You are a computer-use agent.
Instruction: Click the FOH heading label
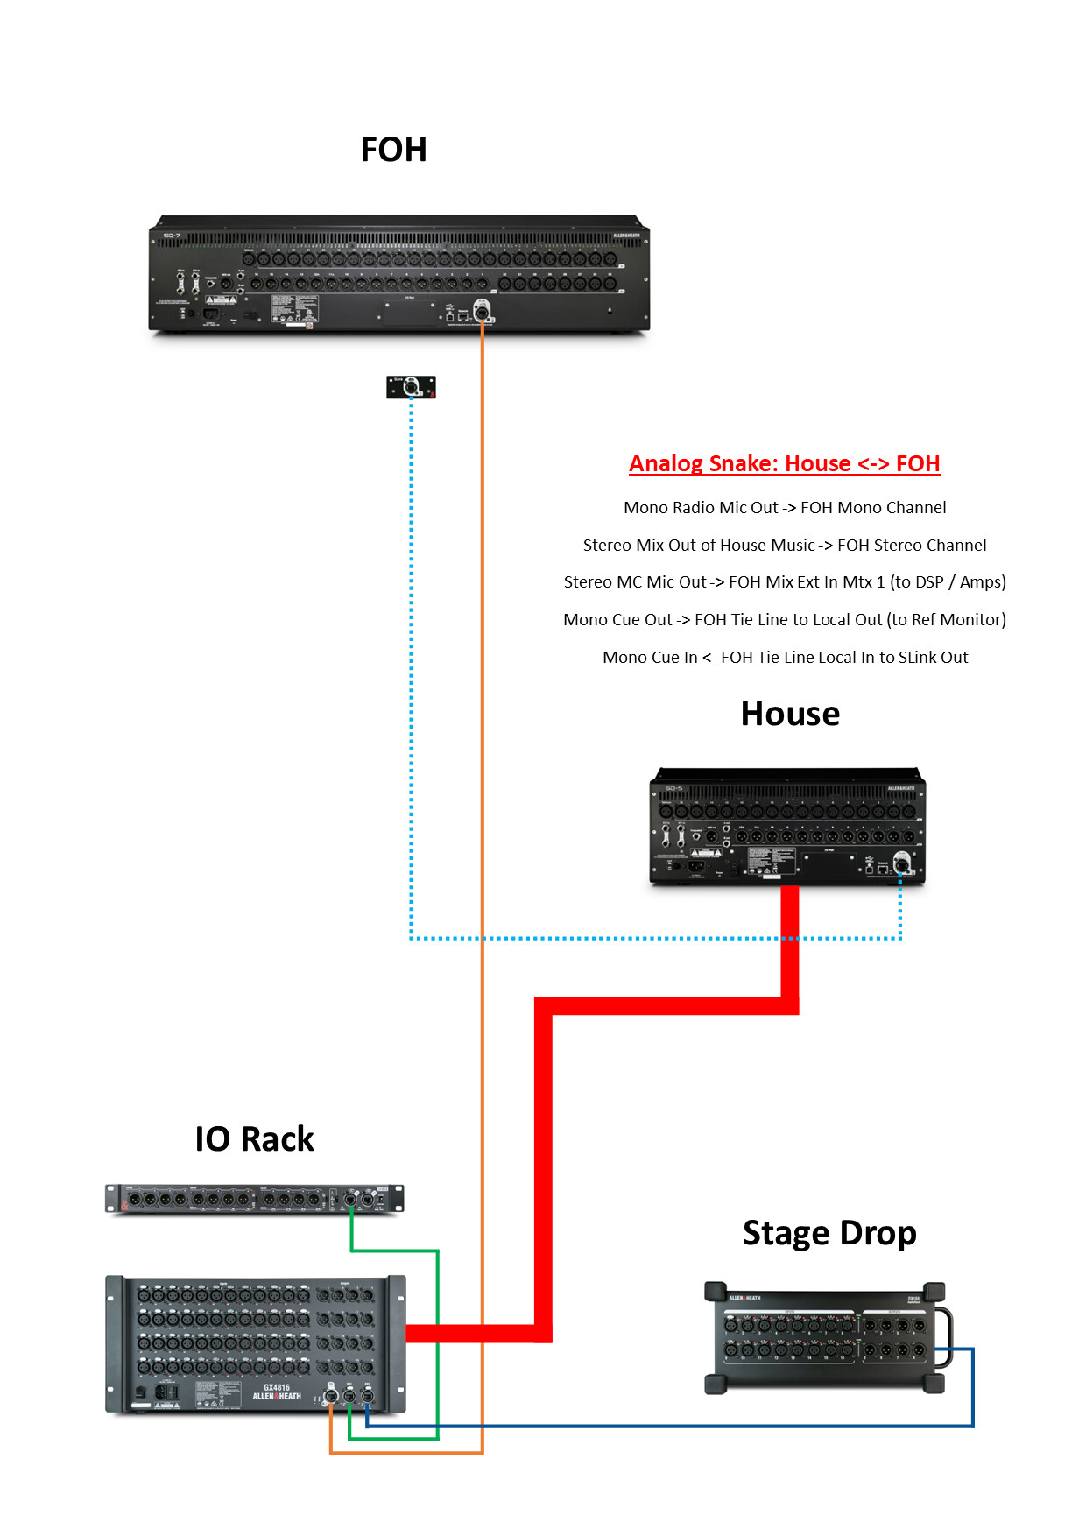click(393, 150)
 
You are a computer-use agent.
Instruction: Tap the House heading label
click(790, 714)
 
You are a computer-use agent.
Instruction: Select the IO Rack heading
click(254, 1138)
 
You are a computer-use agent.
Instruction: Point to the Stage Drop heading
click(829, 1232)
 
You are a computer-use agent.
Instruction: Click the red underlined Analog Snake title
click(784, 463)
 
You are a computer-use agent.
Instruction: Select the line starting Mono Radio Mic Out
click(785, 508)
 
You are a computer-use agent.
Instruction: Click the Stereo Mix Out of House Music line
click(785, 545)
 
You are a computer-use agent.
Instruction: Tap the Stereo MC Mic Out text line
click(785, 582)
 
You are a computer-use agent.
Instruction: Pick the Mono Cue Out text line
click(785, 620)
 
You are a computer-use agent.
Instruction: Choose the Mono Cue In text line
click(785, 657)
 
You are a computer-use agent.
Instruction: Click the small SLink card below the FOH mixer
click(411, 386)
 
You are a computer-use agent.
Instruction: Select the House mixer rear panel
click(786, 827)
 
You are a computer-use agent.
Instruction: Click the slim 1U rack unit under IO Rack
click(254, 1199)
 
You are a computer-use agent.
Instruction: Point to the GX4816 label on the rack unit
click(277, 1388)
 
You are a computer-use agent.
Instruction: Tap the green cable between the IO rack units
click(437, 1340)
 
